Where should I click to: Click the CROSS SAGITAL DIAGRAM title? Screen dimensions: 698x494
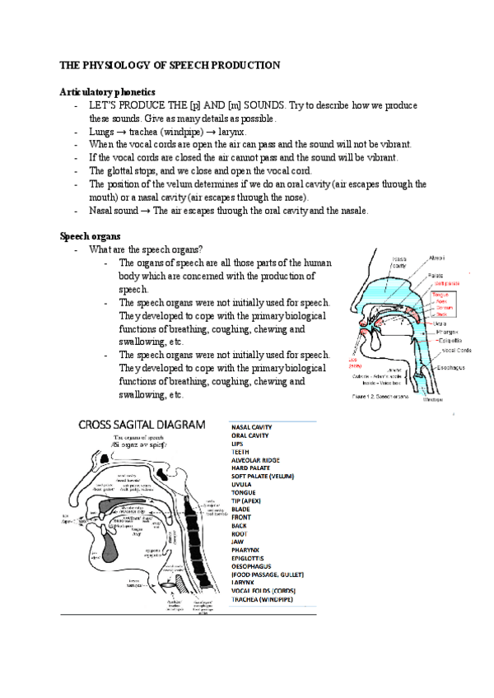[142, 425]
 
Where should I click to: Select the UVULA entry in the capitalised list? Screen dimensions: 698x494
[243, 485]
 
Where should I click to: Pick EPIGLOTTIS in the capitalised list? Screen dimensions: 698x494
[254, 556]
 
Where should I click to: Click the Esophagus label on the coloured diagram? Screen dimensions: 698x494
[445, 369]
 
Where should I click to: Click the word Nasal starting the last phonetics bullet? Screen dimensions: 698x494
[103, 211]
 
